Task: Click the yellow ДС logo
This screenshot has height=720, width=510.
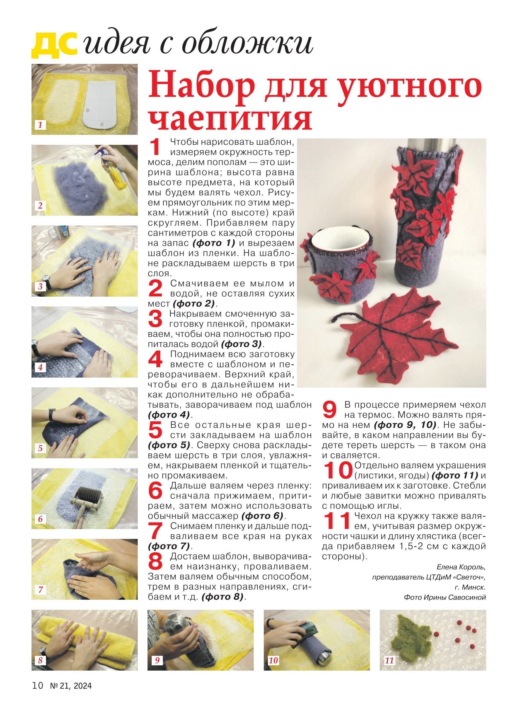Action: (x=54, y=46)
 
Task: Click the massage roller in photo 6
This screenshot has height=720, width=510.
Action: (x=84, y=500)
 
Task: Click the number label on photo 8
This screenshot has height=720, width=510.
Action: (x=40, y=667)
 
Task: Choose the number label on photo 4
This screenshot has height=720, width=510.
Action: (x=40, y=367)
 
